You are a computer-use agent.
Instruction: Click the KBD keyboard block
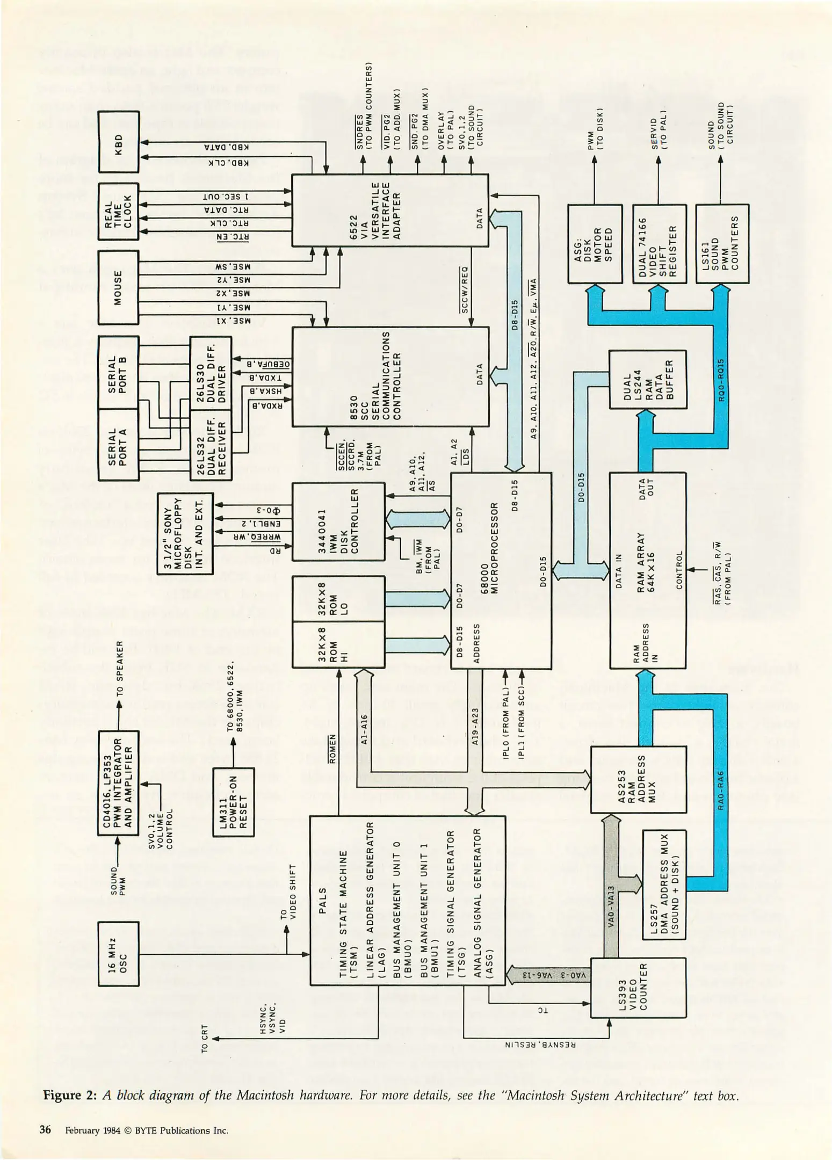pos(118,142)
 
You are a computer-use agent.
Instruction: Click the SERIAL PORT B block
pos(118,372)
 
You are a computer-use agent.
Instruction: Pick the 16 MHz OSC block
pos(118,954)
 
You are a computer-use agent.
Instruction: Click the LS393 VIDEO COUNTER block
pos(638,988)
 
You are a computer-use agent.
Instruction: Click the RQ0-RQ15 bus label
pos(721,381)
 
